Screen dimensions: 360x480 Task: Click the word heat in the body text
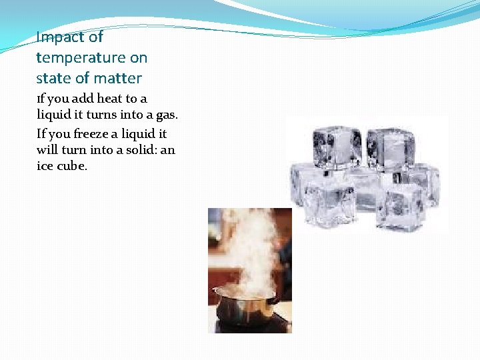[x=110, y=99]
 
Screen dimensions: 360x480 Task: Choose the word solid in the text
[x=140, y=150]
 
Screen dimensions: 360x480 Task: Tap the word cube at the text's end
[x=72, y=167]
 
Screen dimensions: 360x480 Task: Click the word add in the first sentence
[x=81, y=99]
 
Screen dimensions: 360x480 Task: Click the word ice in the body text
[x=45, y=167]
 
